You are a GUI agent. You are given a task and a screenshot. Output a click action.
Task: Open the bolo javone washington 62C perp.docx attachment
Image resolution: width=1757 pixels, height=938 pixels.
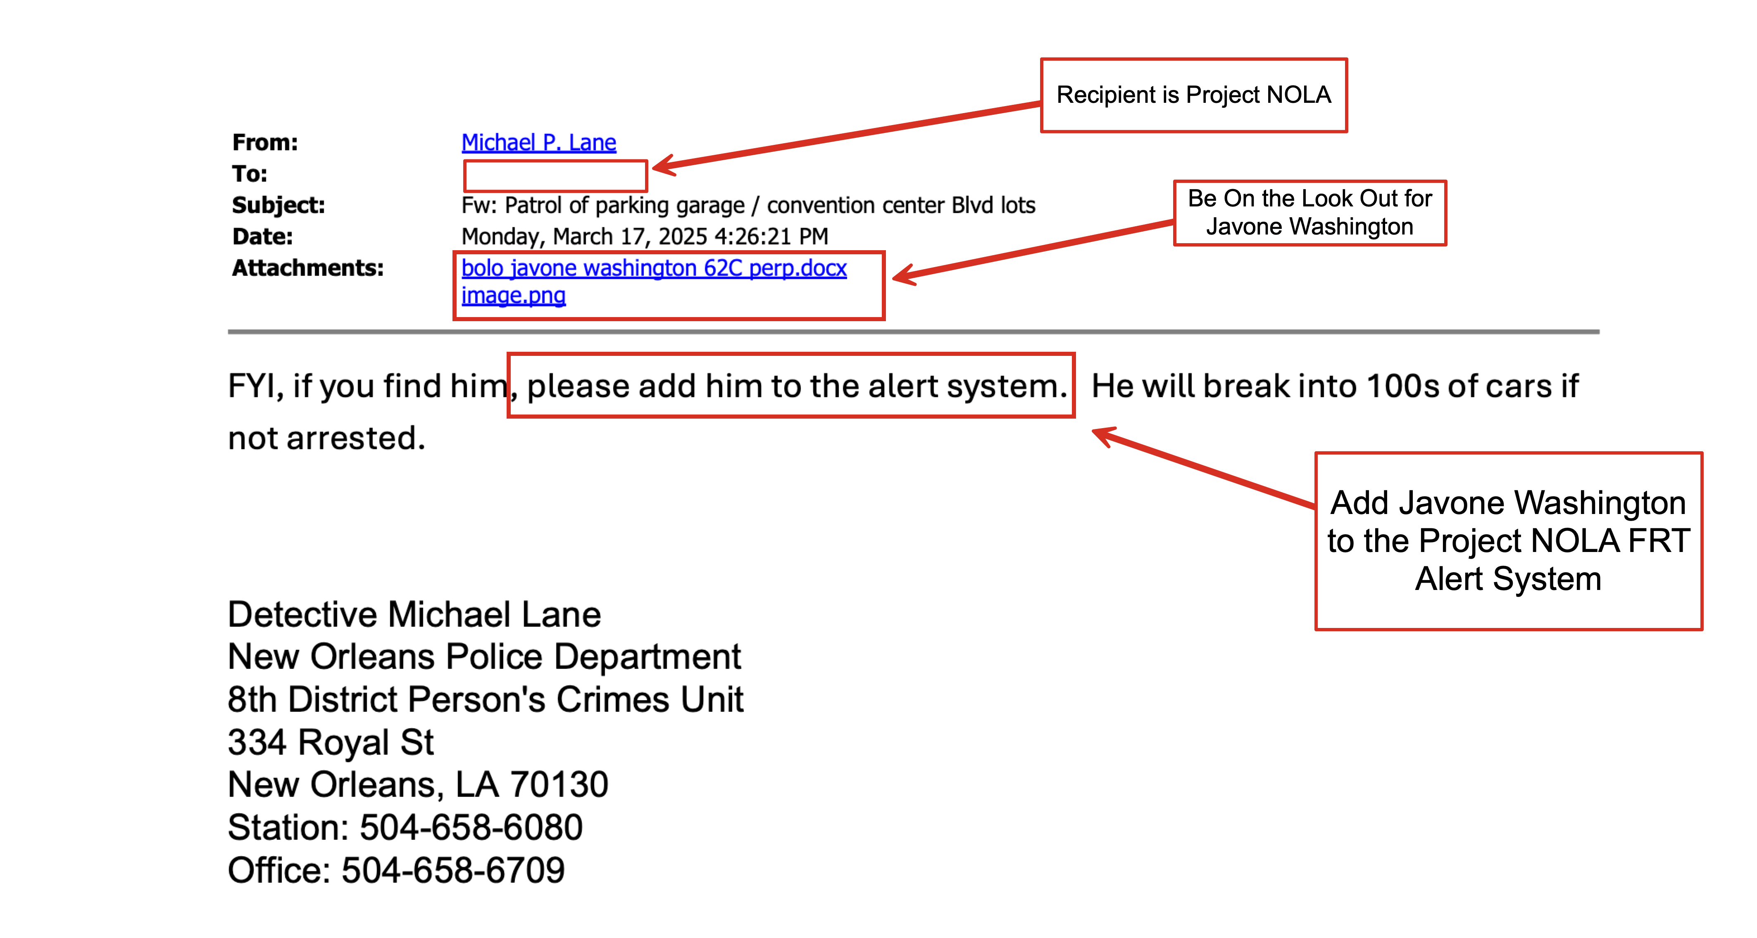click(x=653, y=268)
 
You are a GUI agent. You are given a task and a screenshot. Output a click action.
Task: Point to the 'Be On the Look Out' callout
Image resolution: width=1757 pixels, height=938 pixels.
click(x=1309, y=213)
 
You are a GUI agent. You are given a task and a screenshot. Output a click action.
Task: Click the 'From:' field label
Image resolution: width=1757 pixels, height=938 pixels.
click(x=264, y=142)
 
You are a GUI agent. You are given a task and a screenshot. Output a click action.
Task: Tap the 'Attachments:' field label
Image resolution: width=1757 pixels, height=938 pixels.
click(x=307, y=268)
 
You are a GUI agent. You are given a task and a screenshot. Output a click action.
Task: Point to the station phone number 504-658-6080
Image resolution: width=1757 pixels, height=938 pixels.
click(x=471, y=828)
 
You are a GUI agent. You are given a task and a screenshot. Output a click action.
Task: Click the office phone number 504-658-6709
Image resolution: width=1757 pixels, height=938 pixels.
click(x=453, y=871)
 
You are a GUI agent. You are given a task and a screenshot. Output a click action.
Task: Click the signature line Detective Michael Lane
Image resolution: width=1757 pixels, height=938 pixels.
click(x=414, y=615)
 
